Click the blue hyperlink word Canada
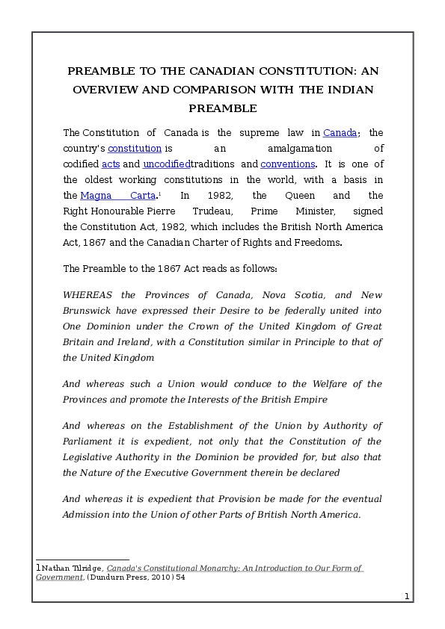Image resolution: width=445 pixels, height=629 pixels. [340, 133]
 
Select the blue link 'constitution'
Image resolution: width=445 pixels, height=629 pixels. [135, 149]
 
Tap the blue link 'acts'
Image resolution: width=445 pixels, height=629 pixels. [111, 164]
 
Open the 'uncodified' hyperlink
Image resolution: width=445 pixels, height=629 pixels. [167, 164]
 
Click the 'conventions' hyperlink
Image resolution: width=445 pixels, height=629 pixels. [288, 164]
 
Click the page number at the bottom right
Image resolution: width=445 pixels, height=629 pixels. [405, 597]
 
